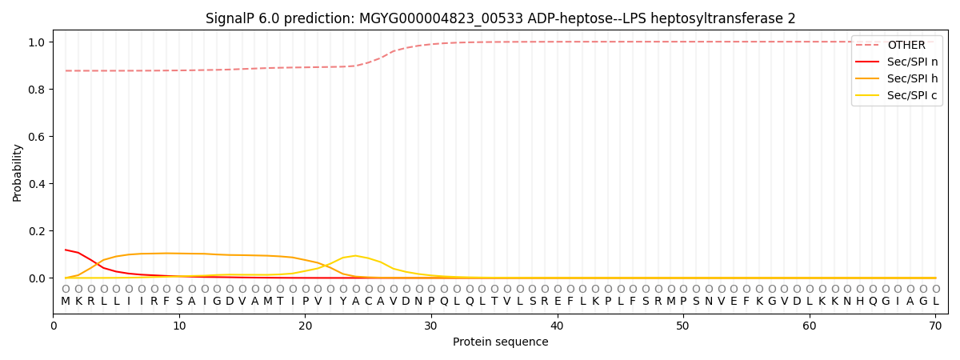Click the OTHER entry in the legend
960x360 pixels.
pyautogui.click(x=906, y=46)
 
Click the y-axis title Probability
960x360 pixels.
pyautogui.click(x=18, y=172)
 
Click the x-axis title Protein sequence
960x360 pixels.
pyautogui.click(x=501, y=342)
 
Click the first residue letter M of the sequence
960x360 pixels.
pyautogui.click(x=66, y=302)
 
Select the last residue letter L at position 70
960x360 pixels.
pyautogui.click(x=935, y=302)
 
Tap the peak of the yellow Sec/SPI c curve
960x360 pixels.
pyautogui.click(x=355, y=256)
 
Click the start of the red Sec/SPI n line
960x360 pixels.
pyautogui.click(x=66, y=250)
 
